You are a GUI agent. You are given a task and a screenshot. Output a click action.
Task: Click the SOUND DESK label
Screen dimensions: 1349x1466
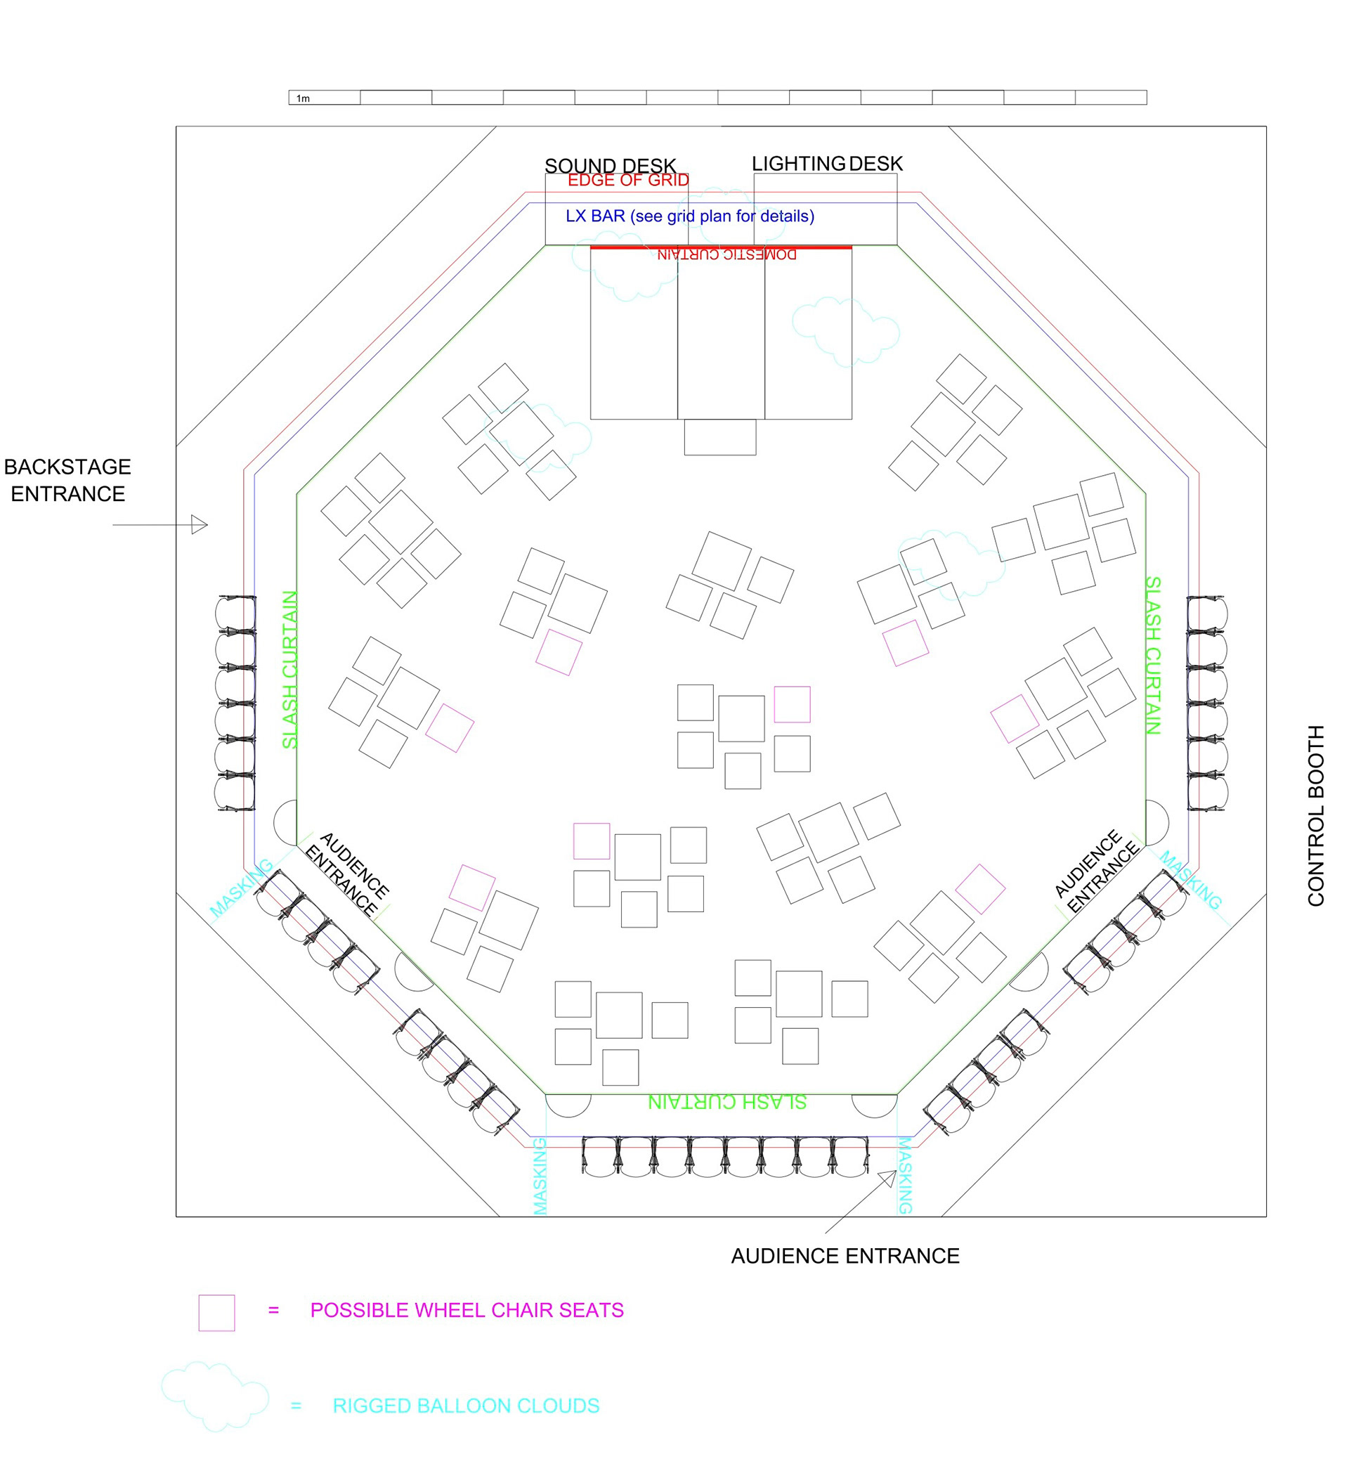pos(611,166)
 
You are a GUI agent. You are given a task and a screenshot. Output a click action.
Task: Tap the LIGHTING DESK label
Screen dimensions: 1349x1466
pos(827,164)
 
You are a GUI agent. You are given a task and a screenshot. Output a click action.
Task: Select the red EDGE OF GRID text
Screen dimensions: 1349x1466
pos(628,181)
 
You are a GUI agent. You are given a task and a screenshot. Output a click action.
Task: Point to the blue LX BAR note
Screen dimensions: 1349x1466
pos(690,216)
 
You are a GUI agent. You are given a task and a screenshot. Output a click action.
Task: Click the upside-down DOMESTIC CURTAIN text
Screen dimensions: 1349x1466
pos(726,255)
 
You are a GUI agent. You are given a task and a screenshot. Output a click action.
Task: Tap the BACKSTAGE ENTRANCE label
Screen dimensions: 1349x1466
pos(67,481)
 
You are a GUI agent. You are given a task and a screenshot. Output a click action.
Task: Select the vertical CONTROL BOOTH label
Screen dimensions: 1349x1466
pos(1315,815)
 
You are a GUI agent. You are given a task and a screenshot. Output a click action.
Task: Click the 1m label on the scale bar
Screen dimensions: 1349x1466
pos(303,98)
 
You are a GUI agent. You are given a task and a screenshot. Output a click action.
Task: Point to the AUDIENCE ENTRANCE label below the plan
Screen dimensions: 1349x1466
pos(845,1256)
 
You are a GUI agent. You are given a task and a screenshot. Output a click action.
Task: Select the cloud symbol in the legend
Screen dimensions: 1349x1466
pos(214,1395)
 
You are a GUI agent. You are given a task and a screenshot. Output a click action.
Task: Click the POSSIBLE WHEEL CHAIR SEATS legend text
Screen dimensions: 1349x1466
pos(467,1311)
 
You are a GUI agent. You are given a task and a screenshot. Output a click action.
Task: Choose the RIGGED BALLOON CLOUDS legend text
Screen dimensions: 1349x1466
pos(466,1406)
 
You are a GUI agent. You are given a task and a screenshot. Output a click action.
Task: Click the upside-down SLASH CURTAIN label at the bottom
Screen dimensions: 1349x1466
pos(727,1103)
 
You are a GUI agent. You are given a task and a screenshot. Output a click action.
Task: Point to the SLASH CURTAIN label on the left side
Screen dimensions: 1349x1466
pos(289,670)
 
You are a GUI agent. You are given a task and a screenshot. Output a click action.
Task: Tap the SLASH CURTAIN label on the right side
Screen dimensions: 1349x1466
pos(1153,655)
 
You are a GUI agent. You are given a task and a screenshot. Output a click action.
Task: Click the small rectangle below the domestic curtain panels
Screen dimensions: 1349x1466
pos(719,437)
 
